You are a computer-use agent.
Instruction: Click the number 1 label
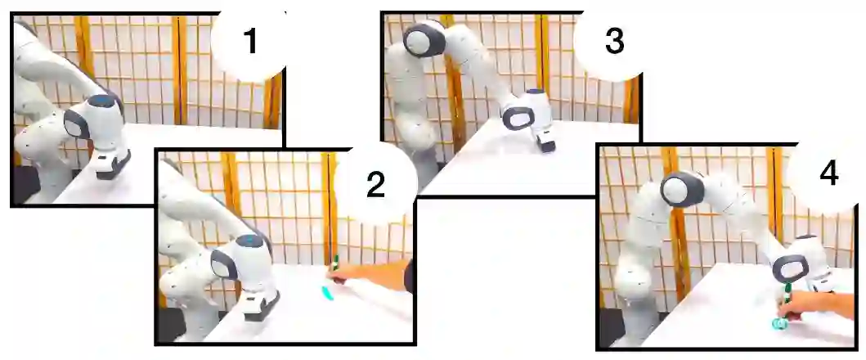click(x=250, y=42)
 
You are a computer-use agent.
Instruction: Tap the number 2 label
click(x=375, y=184)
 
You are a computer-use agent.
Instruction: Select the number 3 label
click(x=615, y=42)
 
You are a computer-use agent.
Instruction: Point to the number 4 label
click(x=828, y=173)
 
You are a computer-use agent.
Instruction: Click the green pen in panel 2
click(x=334, y=263)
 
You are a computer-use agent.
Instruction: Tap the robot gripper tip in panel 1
click(x=113, y=168)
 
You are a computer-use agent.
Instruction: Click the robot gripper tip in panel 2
click(x=261, y=307)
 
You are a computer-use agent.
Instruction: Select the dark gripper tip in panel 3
click(x=547, y=146)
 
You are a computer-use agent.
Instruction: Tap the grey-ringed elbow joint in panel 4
click(x=682, y=189)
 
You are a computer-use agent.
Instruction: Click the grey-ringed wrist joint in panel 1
click(x=77, y=124)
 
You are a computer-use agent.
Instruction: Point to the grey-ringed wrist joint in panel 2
click(x=224, y=265)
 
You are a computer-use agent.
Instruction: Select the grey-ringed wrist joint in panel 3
click(x=518, y=118)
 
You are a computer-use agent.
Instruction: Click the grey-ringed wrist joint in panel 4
click(x=790, y=268)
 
